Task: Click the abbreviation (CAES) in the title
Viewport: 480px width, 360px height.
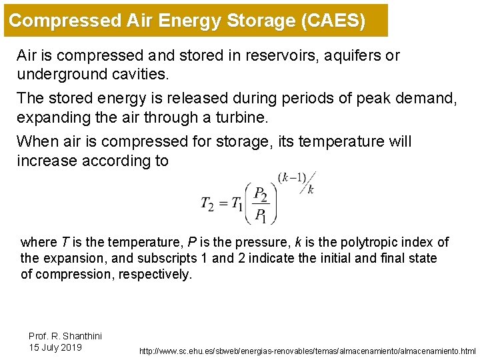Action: click(x=333, y=20)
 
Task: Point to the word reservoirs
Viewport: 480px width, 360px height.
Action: click(x=267, y=55)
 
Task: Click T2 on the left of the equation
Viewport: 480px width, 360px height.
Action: click(x=207, y=204)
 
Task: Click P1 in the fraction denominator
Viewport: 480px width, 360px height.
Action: click(x=260, y=215)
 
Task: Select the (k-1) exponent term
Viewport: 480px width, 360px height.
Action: click(x=291, y=177)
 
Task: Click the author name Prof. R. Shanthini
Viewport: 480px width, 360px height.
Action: click(x=65, y=336)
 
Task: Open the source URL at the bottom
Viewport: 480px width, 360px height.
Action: click(x=307, y=351)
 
